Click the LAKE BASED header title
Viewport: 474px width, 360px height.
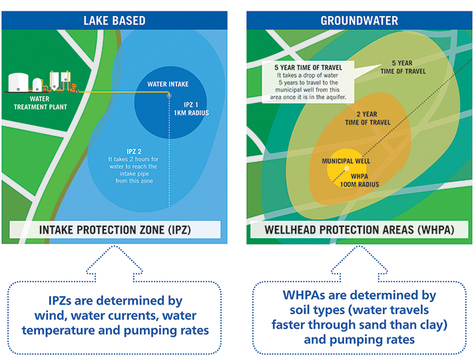click(115, 21)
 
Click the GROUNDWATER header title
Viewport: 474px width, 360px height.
click(359, 21)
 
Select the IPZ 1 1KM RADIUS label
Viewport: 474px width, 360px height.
click(197, 108)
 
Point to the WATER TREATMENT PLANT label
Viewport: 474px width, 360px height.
click(27, 104)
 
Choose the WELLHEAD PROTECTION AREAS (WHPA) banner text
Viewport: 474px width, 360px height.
click(359, 231)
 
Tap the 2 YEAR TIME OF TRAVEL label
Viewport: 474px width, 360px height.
click(367, 118)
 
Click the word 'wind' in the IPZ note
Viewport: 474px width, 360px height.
click(57, 315)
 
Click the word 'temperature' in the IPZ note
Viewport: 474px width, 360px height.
click(57, 331)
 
